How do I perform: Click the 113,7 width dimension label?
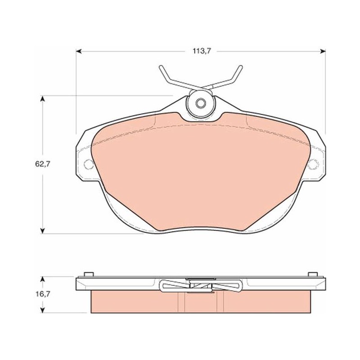(x=201, y=51)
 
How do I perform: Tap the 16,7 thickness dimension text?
(x=42, y=294)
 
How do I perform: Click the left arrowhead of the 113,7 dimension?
(x=79, y=51)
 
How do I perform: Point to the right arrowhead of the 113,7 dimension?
(x=323, y=51)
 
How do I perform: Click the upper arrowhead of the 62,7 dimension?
(x=42, y=98)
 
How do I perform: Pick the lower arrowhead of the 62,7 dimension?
(x=42, y=231)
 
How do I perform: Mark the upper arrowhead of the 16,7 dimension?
(x=42, y=279)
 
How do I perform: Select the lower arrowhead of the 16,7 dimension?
(x=42, y=310)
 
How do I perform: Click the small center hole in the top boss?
(x=201, y=103)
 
